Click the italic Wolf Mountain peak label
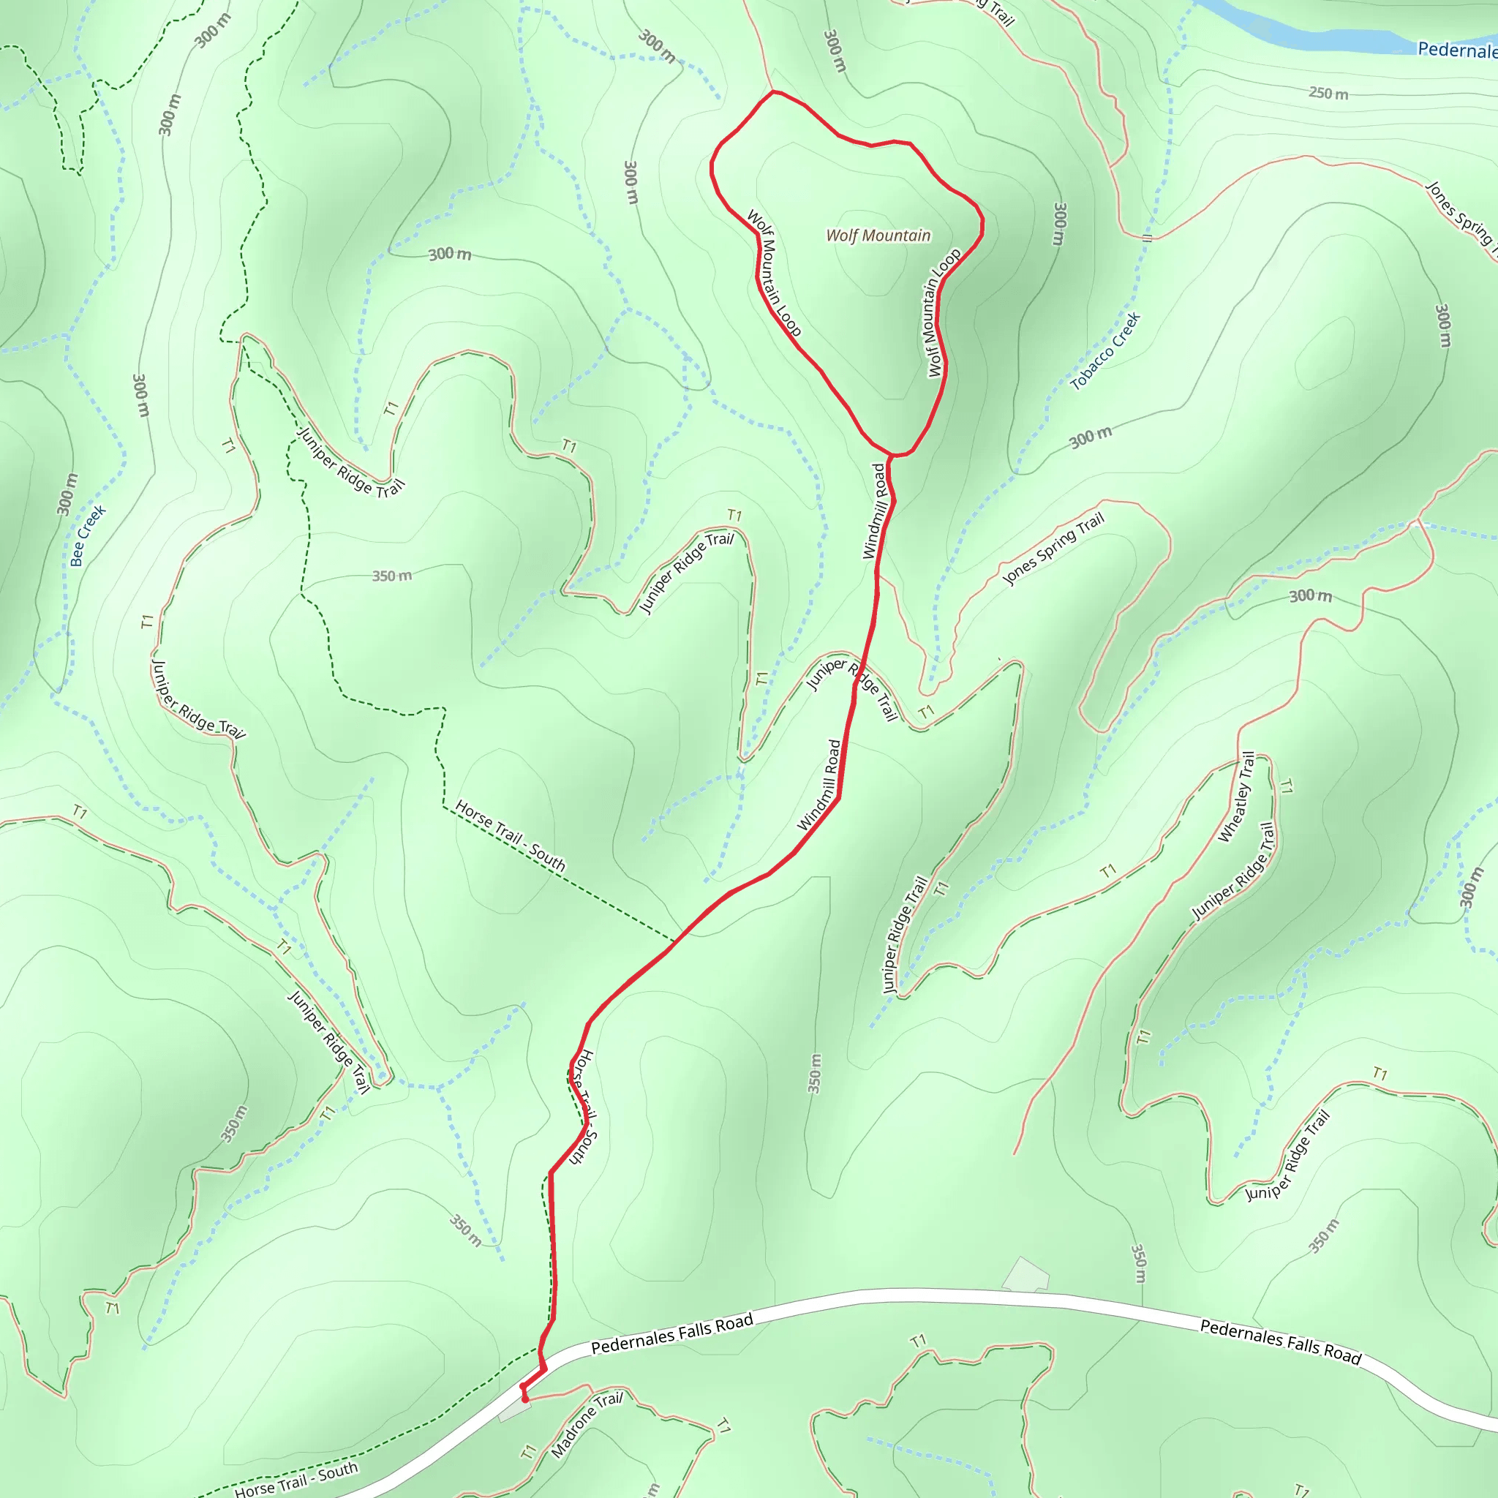[x=878, y=236]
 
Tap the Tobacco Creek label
[x=1105, y=351]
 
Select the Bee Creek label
[x=88, y=535]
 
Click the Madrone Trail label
[x=586, y=1424]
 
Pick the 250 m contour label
[x=1328, y=94]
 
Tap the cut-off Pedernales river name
[x=1457, y=50]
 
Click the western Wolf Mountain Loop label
[x=773, y=273]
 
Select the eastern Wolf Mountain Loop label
[x=944, y=312]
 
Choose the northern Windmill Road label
[x=874, y=512]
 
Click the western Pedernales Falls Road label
[x=671, y=1333]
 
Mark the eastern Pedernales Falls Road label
[x=1280, y=1341]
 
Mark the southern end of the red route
[x=526, y=1399]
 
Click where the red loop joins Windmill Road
[x=891, y=456]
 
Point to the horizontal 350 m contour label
[x=391, y=576]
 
